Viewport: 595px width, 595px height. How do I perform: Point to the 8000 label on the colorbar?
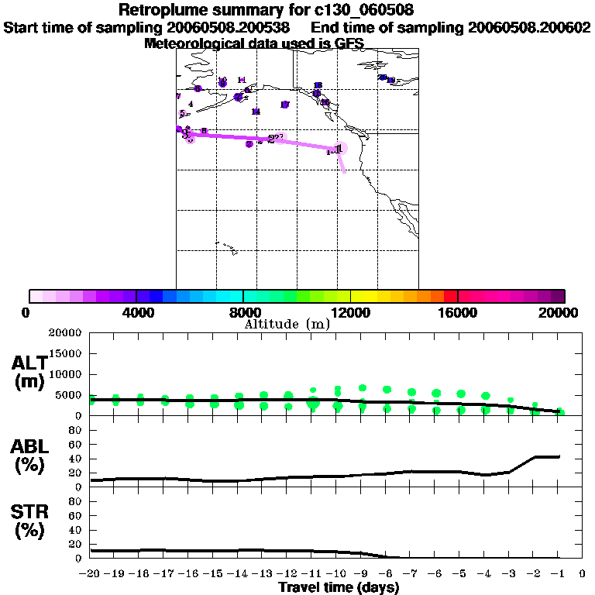[243, 312]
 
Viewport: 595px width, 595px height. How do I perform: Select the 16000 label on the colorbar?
[458, 312]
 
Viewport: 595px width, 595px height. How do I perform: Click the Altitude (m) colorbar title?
[287, 324]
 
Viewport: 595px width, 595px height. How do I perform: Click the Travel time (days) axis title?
[339, 587]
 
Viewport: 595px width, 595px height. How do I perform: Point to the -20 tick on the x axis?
[91, 574]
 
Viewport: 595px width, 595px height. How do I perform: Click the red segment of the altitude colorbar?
[450, 296]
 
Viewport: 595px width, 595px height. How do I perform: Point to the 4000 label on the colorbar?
[136, 312]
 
